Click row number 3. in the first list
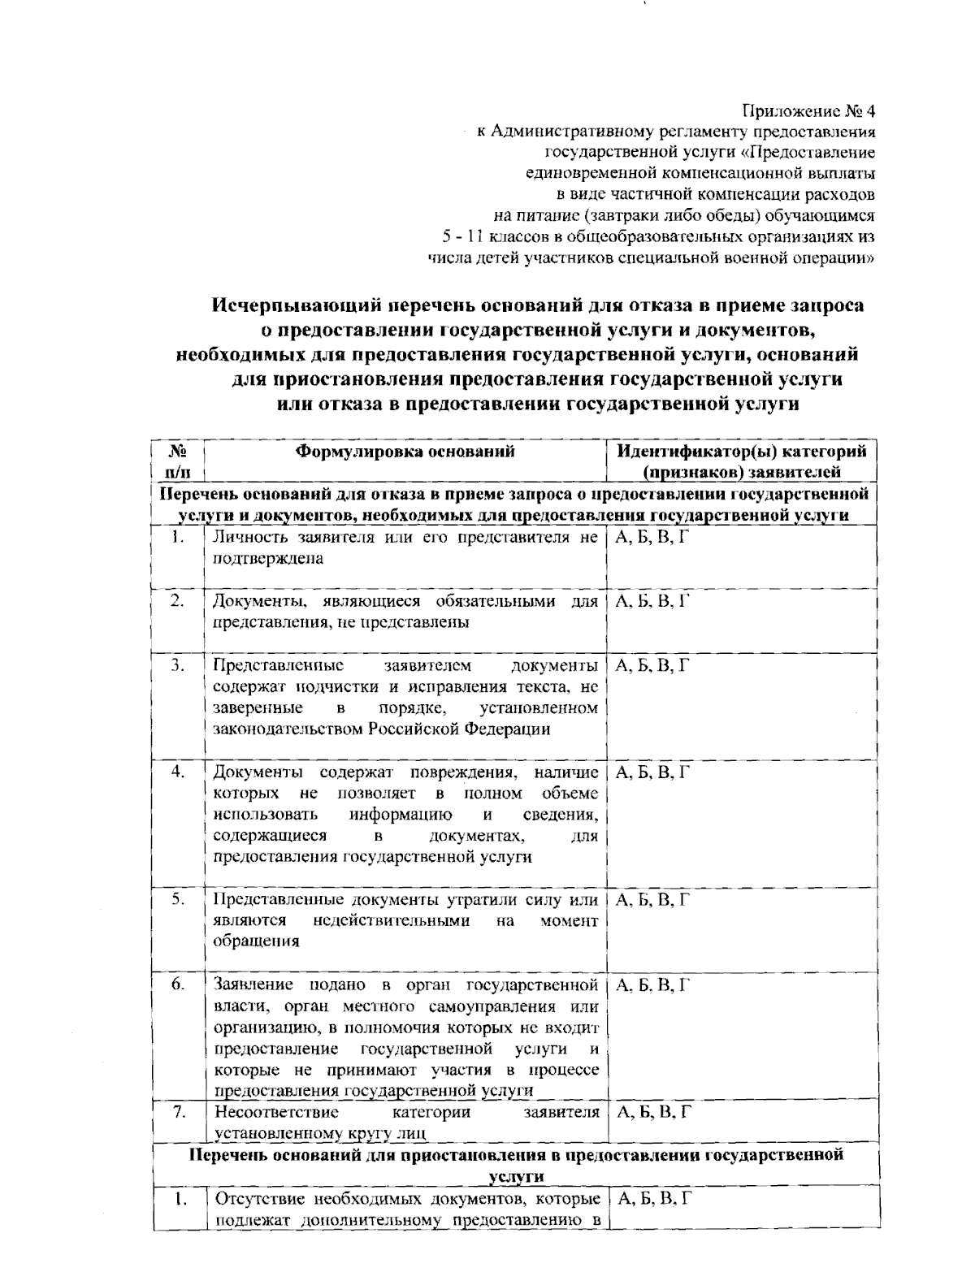(178, 666)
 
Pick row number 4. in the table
(178, 772)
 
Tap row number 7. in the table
(178, 1112)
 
